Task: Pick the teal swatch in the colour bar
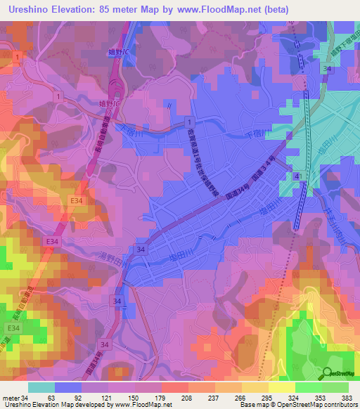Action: [41, 387]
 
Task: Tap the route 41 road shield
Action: [298, 175]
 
